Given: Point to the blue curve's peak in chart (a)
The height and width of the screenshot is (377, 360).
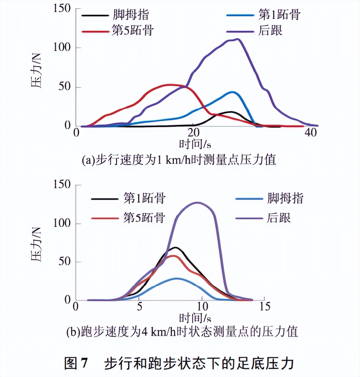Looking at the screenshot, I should pos(233,92).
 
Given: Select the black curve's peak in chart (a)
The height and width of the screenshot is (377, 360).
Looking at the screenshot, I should pos(231,112).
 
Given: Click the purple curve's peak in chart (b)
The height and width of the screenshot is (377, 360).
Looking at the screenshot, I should pos(198,203).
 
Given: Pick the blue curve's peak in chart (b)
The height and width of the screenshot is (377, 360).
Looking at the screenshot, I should pos(177,278).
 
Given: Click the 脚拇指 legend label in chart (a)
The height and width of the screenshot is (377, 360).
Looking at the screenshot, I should pos(130,15).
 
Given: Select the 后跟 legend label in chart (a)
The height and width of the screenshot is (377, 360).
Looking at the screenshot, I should pos(270,31).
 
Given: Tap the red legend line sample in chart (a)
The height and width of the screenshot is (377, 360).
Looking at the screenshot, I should pos(95,31).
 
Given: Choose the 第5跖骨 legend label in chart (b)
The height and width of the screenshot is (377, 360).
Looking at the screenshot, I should pos(144,218).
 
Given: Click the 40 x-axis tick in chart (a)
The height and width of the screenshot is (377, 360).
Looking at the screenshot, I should pos(311,132).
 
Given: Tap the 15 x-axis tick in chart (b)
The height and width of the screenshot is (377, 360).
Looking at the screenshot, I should pos(265,306).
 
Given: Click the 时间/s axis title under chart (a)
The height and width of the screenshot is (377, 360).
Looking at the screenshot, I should pos(195,144).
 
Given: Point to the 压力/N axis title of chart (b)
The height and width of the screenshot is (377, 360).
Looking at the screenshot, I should pos(36,245).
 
